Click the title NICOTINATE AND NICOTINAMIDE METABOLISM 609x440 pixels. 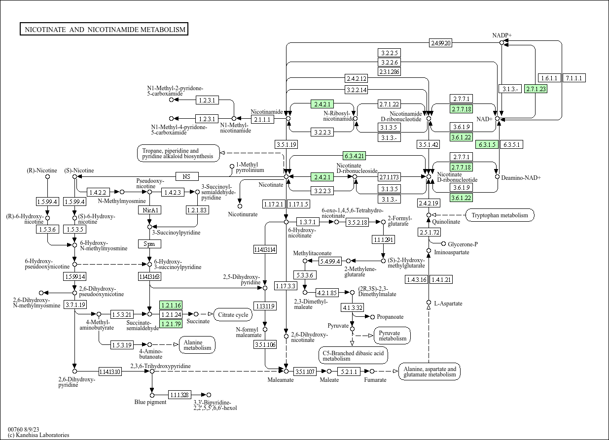[105, 30]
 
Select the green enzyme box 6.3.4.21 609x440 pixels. [355, 156]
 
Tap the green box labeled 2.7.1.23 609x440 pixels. [536, 89]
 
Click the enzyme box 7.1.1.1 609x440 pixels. [574, 78]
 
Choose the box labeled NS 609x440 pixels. [186, 176]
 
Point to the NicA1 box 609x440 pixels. [149, 210]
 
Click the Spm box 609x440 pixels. [149, 244]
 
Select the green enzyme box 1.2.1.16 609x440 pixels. [171, 305]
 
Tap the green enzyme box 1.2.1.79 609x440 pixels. [171, 324]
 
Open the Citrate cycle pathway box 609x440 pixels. [233, 314]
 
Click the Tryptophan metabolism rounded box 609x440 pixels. [500, 215]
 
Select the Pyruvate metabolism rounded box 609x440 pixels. [393, 335]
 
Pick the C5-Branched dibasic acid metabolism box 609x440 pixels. [353, 355]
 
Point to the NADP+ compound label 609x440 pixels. [502, 35]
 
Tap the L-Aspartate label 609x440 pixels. [448, 304]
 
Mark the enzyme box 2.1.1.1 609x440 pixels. [262, 119]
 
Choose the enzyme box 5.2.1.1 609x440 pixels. [348, 372]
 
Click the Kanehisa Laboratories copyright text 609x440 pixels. [38, 435]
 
